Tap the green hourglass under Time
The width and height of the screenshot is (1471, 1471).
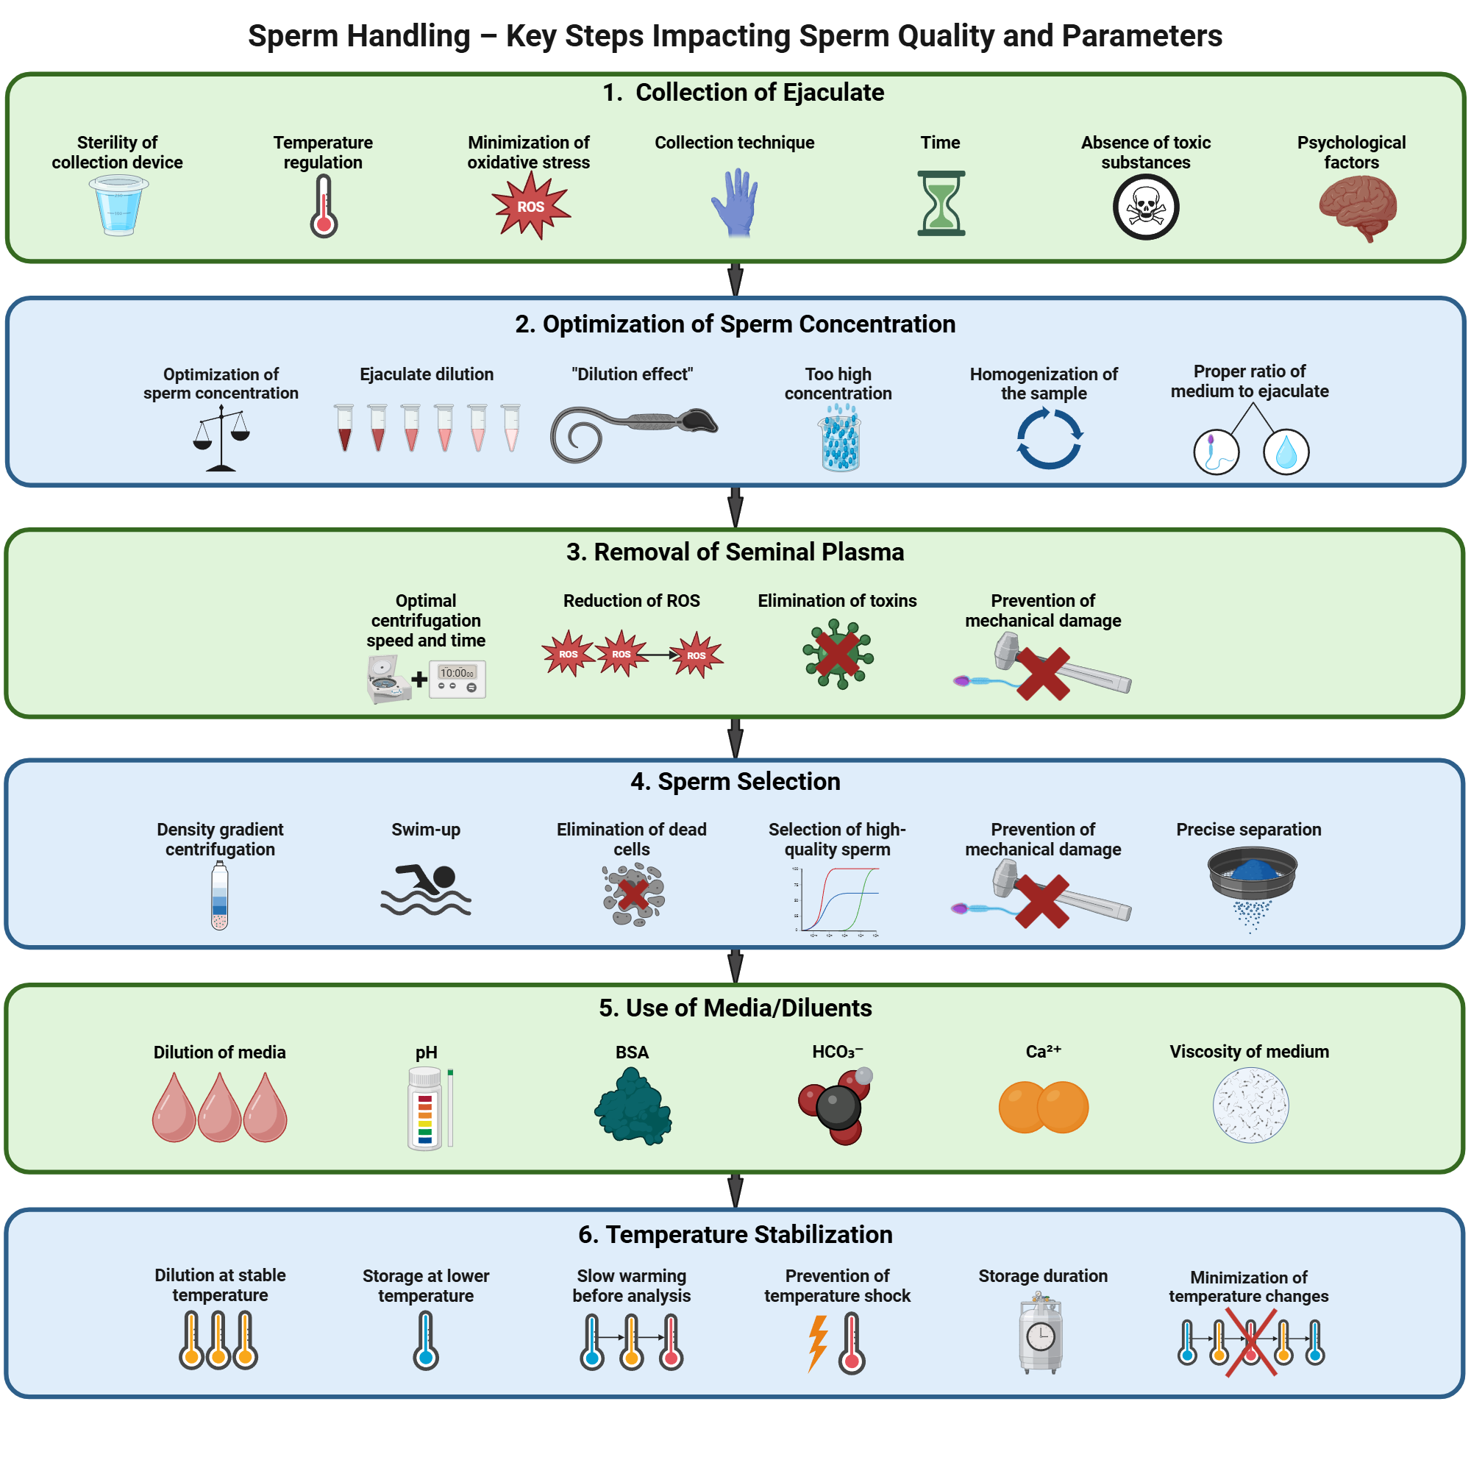point(941,203)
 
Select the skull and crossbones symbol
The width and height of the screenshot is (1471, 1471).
point(1145,207)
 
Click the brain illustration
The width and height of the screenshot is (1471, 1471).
point(1357,207)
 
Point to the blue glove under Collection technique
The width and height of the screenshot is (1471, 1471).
point(735,202)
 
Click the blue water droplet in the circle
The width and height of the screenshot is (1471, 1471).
point(1285,452)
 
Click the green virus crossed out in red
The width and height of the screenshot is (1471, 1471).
point(838,654)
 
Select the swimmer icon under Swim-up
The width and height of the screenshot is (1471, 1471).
point(426,889)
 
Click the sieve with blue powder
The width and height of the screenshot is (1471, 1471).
point(1252,875)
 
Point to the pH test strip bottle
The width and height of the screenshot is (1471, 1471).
point(425,1108)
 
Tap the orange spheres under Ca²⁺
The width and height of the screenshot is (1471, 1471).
point(1043,1107)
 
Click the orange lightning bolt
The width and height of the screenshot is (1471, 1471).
point(818,1343)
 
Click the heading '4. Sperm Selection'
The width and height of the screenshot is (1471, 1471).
point(735,781)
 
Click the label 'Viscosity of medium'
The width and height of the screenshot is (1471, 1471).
point(1249,1052)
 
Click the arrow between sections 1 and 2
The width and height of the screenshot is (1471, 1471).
point(735,279)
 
